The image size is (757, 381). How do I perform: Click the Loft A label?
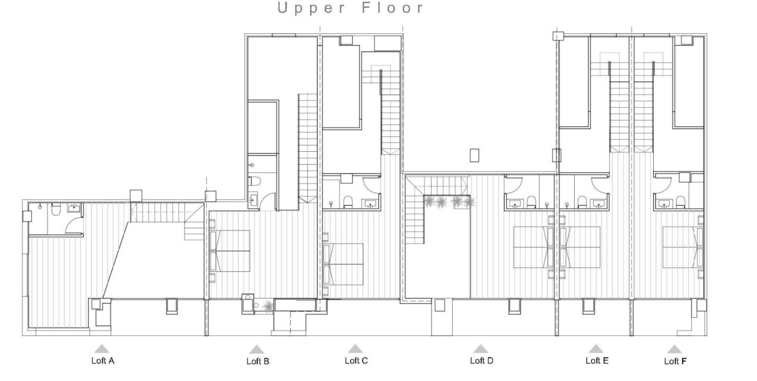coord(103,360)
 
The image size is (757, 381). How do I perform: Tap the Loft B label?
coord(257,362)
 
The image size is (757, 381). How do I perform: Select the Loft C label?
coord(356,360)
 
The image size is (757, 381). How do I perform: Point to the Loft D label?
coord(481,360)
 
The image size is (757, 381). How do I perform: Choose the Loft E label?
coord(597,360)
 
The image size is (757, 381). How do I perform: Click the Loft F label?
coord(675,361)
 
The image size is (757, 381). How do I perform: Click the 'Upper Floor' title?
coord(351,8)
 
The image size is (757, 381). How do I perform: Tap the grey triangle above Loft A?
coord(102,349)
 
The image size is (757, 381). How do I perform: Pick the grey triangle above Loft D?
coord(481,349)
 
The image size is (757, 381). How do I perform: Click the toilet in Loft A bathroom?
coord(56,209)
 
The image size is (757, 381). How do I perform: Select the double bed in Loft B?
coord(231,249)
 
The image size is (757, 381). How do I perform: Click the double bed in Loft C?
coord(344,262)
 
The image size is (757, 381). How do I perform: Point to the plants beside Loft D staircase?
coord(449,202)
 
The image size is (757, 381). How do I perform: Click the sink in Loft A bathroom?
coord(75,207)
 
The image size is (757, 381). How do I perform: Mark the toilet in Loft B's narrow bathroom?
coord(253,181)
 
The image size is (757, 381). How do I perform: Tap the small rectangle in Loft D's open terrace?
coord(475,155)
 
